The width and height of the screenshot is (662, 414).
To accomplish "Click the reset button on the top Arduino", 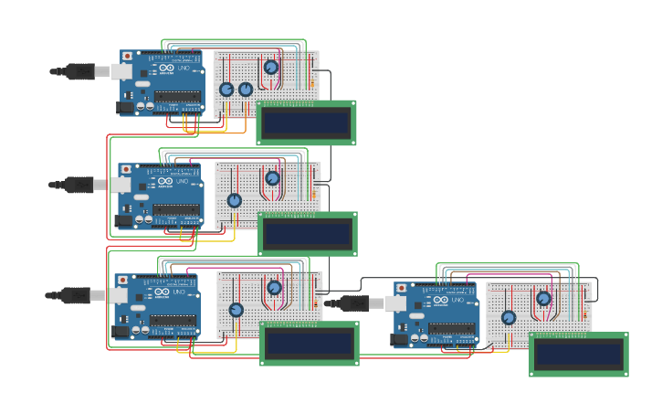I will pos(127,57).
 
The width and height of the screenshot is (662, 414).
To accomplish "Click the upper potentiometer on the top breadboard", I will pos(271,67).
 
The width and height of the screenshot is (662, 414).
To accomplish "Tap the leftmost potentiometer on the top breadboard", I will pos(226,90).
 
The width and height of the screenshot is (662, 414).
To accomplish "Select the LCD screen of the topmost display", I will pos(306,122).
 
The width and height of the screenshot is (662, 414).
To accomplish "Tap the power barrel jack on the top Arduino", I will pos(126,107).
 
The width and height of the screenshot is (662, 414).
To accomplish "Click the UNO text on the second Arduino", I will pos(182,182).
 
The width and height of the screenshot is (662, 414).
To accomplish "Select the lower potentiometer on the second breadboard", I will pos(235,200).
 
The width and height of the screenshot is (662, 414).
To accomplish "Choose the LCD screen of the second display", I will pos(308,234).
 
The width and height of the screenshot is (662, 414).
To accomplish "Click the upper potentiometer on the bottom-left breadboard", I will pos(274,288).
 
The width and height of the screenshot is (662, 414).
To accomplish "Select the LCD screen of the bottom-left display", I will pos(310,344).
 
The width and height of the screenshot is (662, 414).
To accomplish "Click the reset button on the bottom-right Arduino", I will pos(401,289).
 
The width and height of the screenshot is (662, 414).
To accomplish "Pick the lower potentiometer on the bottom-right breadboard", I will pos(509,317).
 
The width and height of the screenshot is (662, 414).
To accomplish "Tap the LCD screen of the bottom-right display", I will pos(579,355).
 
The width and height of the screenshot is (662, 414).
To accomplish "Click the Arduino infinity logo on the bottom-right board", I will pos(441,299).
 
